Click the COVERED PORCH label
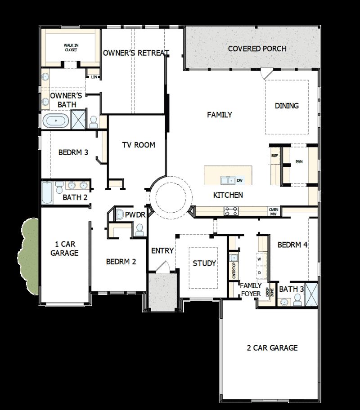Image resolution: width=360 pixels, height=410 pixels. point(257,49)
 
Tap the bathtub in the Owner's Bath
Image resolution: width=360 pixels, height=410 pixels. point(56,121)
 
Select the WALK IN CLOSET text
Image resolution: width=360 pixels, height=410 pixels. point(70,48)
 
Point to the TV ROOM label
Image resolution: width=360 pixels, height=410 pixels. point(139,145)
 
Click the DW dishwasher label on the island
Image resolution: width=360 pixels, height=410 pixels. point(239,180)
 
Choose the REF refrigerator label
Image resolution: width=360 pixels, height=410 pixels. point(275,156)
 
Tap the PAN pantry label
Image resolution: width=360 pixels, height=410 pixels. point(299,162)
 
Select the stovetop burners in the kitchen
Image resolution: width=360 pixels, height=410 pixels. point(231,211)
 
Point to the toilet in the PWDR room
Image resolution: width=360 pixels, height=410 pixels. point(139,230)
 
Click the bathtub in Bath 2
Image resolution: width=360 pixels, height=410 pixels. point(47,193)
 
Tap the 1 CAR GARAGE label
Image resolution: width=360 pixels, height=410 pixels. point(64,249)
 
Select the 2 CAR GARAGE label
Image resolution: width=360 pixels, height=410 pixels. point(272,348)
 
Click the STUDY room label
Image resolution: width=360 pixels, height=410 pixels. point(204,263)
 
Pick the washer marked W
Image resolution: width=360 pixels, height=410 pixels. point(259,260)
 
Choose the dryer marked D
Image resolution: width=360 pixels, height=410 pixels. point(259,272)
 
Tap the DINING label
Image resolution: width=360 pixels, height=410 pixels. point(287,106)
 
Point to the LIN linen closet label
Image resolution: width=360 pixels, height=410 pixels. point(94,77)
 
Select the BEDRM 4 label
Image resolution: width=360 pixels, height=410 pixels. point(292,245)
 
